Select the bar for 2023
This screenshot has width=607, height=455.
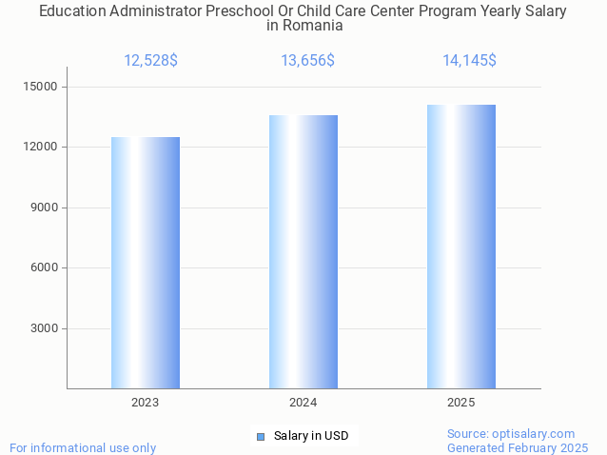click(x=146, y=263)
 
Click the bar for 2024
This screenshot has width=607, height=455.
click(x=303, y=251)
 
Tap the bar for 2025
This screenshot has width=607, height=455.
click(x=461, y=247)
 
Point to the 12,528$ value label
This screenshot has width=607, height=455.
click(x=150, y=61)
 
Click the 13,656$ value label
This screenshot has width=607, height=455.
click(x=307, y=61)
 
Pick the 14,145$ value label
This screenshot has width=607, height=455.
click(x=469, y=61)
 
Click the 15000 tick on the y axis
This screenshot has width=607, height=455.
click(x=40, y=87)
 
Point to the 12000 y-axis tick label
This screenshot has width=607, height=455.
click(x=40, y=148)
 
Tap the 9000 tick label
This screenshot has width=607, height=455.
click(x=43, y=208)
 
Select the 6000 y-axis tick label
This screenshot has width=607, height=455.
click(x=43, y=268)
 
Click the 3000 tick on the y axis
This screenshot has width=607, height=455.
click(x=43, y=329)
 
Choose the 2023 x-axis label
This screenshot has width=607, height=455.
click(x=146, y=403)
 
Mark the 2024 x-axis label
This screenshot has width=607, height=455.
click(x=303, y=403)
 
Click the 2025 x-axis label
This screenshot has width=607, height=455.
click(x=461, y=403)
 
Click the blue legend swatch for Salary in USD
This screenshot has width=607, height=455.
click(x=261, y=437)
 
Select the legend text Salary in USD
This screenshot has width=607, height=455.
click(x=311, y=437)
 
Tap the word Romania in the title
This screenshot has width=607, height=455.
click(x=313, y=26)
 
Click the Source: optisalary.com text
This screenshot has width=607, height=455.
click(x=511, y=434)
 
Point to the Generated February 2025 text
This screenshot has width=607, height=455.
click(x=518, y=447)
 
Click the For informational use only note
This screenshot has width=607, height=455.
click(x=83, y=447)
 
